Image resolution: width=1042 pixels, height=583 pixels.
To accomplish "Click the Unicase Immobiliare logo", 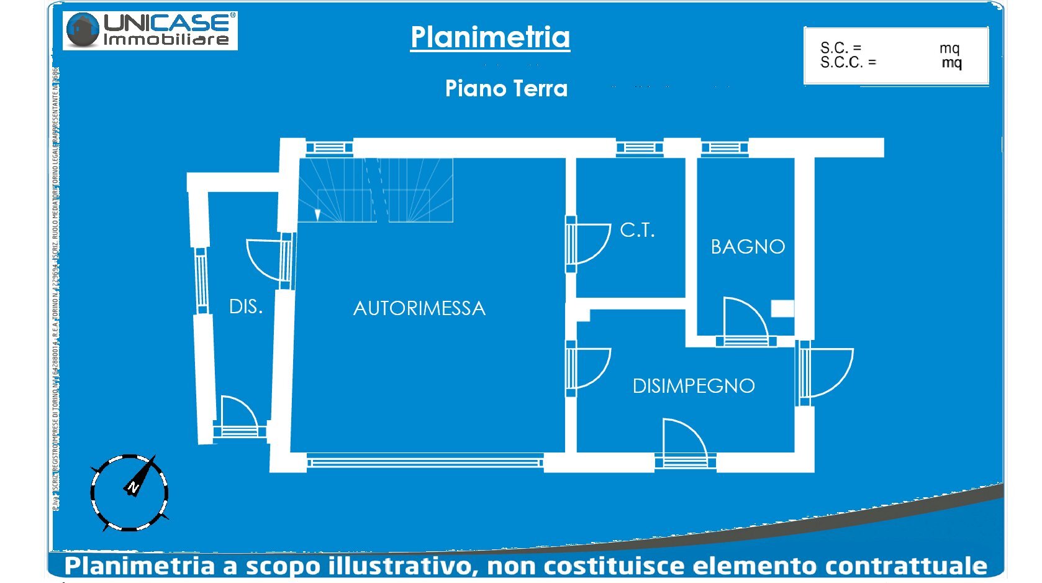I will [150, 30].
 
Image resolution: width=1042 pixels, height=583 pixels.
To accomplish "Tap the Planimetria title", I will [490, 37].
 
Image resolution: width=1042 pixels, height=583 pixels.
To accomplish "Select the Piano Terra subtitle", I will [506, 88].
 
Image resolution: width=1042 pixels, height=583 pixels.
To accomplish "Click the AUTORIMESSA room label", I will [419, 308].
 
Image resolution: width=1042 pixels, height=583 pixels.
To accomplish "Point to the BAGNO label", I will [748, 247].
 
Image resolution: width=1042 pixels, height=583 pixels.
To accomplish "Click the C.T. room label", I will [637, 231].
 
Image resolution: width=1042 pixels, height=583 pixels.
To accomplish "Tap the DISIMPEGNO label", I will [694, 386].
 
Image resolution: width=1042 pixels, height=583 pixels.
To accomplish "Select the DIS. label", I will [246, 306].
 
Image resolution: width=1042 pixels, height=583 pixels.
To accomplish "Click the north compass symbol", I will [129, 492].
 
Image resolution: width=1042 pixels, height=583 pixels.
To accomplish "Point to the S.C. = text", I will [840, 48].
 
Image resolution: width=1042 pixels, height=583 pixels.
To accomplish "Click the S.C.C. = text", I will [848, 63].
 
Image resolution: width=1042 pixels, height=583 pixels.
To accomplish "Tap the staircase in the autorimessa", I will [376, 190].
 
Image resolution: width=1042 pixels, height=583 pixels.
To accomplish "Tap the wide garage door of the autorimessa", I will [425, 462].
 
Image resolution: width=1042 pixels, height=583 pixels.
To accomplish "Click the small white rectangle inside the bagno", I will [782, 309].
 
